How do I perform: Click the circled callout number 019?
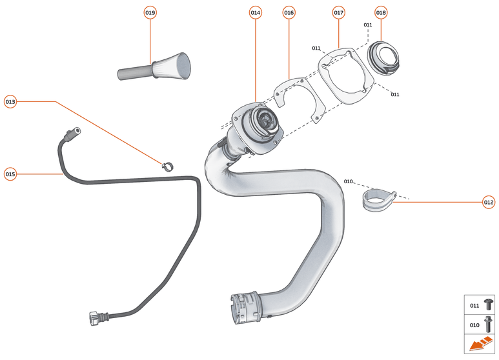[x=150, y=13]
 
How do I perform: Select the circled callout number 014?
[x=255, y=13]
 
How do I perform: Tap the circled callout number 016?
[x=289, y=13]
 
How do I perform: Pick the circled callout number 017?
[x=339, y=13]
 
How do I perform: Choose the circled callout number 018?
[x=381, y=13]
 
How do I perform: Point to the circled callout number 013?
[x=10, y=101]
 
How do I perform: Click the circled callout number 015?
[x=10, y=174]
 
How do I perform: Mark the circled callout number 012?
[x=489, y=202]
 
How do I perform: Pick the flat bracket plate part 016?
[x=297, y=97]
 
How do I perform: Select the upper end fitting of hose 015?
[x=70, y=134]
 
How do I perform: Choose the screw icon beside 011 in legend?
[x=488, y=305]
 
